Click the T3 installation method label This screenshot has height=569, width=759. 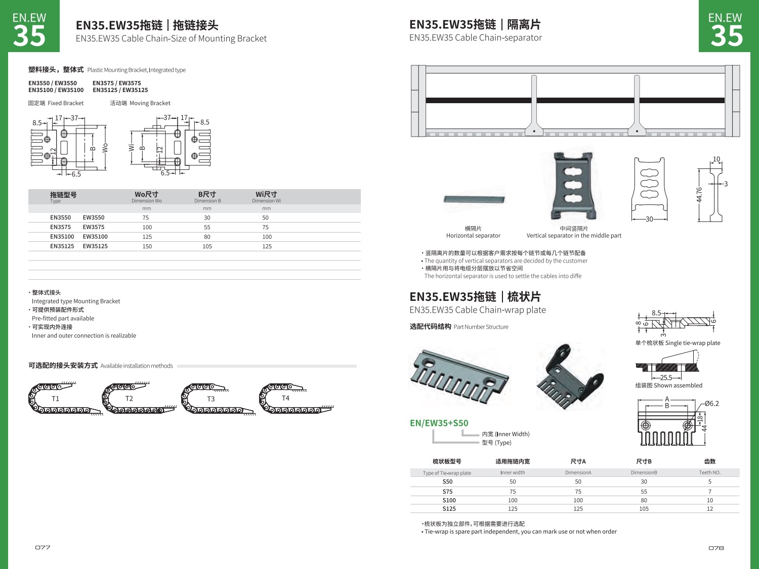(211, 399)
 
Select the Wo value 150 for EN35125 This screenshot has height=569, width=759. (147, 246)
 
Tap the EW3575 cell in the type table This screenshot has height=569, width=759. (94, 227)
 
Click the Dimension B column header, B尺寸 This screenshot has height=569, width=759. (207, 195)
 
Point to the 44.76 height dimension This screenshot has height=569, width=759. (699, 195)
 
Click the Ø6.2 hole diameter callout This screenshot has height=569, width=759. (711, 404)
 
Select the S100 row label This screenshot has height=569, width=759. (449, 500)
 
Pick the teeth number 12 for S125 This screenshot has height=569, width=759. (710, 509)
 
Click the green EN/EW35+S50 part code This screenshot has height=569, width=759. (439, 423)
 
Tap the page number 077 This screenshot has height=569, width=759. (43, 548)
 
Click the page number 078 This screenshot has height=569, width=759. (716, 548)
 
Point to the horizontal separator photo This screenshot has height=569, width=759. (474, 199)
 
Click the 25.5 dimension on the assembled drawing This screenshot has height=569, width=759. (666, 377)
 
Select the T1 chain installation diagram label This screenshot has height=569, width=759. (56, 399)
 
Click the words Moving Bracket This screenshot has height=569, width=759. (150, 103)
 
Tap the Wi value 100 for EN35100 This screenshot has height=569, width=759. (267, 237)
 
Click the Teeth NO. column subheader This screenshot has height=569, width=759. (710, 472)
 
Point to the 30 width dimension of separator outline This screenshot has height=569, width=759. (649, 219)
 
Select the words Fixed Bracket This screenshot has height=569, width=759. (66, 103)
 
